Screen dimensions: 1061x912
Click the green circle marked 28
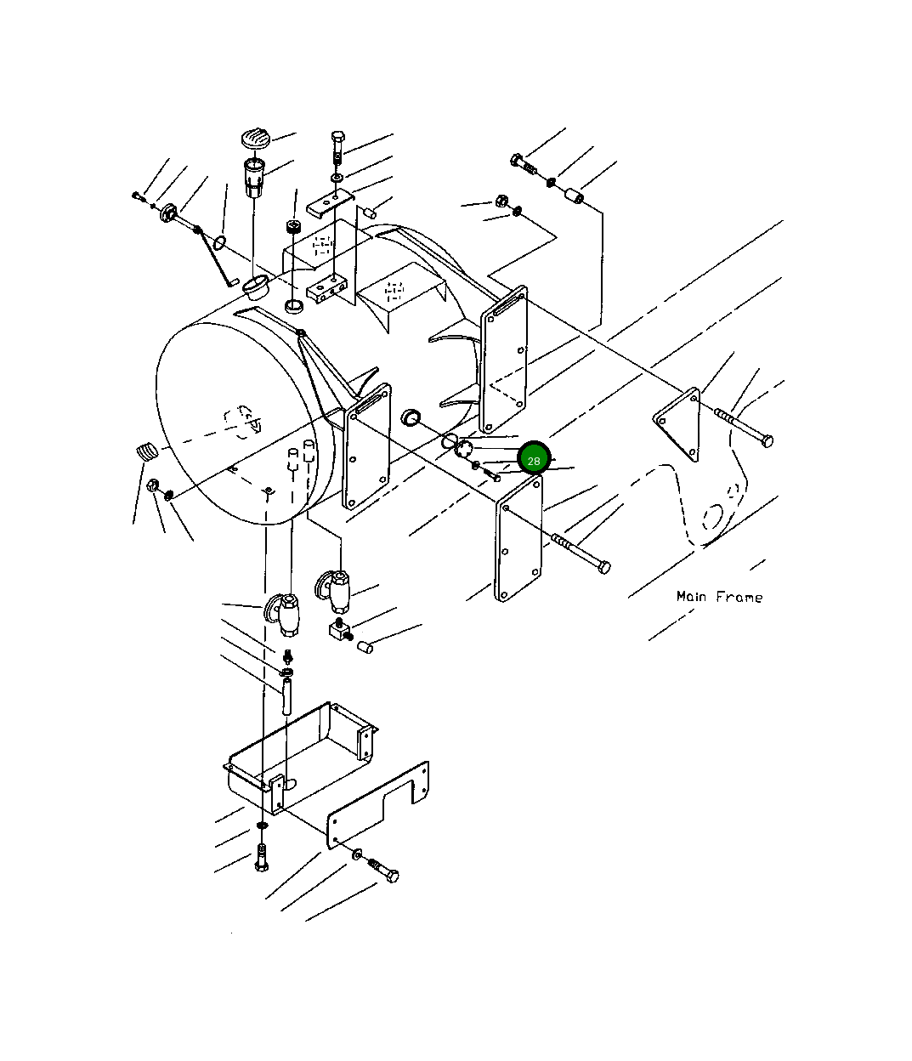click(x=534, y=460)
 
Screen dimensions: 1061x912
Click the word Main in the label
click(x=693, y=596)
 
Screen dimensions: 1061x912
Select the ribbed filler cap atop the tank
click(x=254, y=138)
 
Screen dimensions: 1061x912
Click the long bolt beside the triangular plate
click(x=745, y=426)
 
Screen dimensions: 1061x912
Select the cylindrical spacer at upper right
click(x=575, y=198)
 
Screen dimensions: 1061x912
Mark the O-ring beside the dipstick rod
click(x=219, y=242)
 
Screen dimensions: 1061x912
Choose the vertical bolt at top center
click(x=337, y=148)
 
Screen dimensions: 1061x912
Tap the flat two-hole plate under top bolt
click(x=329, y=203)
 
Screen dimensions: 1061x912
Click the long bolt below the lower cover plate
click(x=581, y=553)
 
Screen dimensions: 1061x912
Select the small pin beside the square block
click(x=364, y=648)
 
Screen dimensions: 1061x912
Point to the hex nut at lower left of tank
click(x=154, y=486)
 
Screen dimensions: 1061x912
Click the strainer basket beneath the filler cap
click(x=254, y=177)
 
